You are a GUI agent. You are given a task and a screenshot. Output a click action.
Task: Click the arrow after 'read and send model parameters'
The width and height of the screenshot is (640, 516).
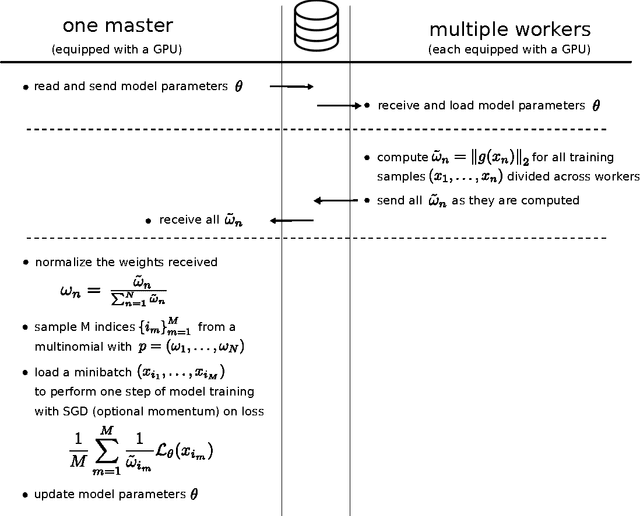(x=292, y=86)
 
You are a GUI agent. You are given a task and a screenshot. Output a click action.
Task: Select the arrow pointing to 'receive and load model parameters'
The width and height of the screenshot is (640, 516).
(x=338, y=104)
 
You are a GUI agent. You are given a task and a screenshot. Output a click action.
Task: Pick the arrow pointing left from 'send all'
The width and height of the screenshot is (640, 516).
(x=334, y=200)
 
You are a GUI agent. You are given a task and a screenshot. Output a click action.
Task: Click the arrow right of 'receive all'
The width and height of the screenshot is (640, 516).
(x=291, y=219)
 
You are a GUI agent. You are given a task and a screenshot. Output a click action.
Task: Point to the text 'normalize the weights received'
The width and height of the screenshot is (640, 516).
(x=125, y=262)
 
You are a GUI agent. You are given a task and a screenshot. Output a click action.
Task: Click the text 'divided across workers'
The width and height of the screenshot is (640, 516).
(x=575, y=177)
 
